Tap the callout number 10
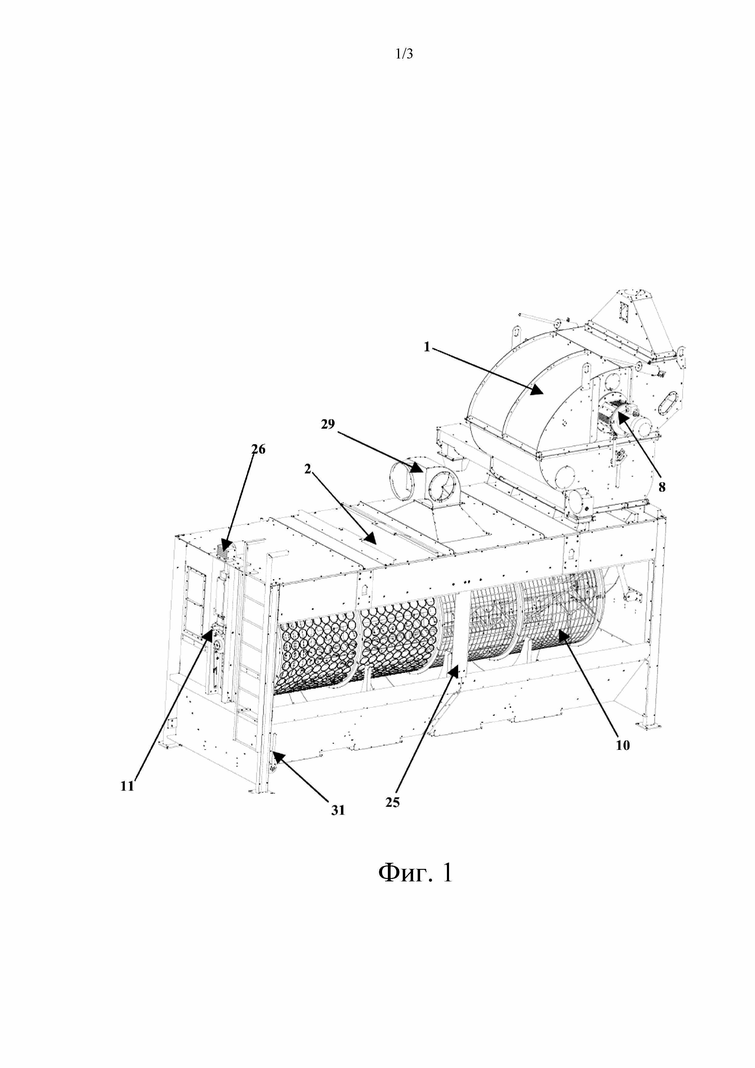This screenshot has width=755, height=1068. point(623,745)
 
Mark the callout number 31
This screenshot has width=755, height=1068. point(338,810)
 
